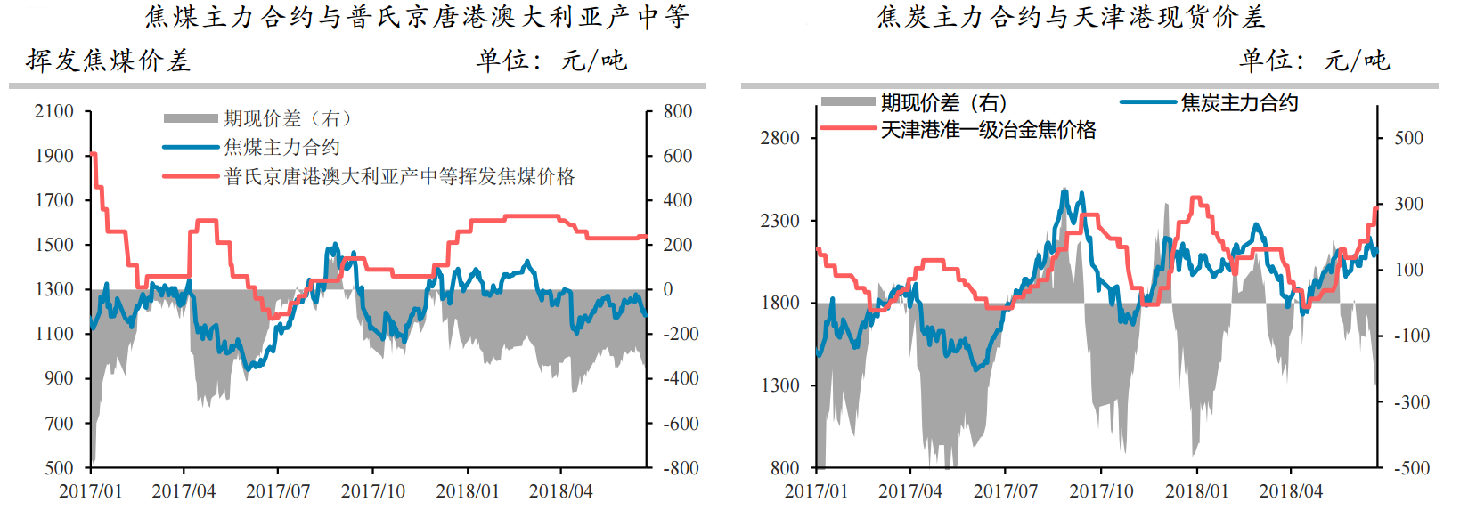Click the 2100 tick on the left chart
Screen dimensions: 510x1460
(x=53, y=111)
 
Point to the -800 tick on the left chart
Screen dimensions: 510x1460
(x=681, y=468)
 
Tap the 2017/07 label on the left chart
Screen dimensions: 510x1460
(x=278, y=491)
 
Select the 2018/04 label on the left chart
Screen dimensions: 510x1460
(x=560, y=491)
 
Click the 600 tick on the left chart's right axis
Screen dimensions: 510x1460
(x=678, y=156)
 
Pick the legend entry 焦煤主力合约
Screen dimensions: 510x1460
(x=282, y=147)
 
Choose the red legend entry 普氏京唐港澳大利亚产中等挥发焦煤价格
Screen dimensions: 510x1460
(x=399, y=176)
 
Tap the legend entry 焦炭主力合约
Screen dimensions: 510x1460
(x=1239, y=103)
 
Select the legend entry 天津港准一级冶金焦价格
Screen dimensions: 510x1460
(x=988, y=130)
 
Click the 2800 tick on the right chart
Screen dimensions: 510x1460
(x=779, y=138)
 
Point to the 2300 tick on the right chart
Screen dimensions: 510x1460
(x=779, y=221)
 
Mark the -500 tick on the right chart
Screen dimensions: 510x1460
(x=1411, y=468)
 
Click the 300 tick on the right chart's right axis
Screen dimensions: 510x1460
(x=1409, y=204)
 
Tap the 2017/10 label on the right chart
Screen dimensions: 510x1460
(x=1101, y=491)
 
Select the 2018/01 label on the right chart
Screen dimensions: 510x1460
(x=1196, y=491)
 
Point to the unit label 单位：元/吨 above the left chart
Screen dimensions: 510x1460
(x=551, y=61)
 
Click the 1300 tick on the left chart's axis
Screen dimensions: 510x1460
(x=53, y=289)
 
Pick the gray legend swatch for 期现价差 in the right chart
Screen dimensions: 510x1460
(x=847, y=102)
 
